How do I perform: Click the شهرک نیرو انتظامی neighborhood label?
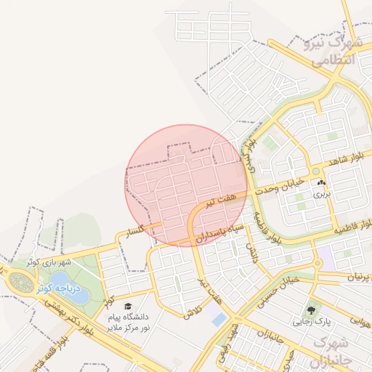pyautogui.click(x=336, y=51)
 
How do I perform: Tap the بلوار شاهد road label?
pyautogui.click(x=344, y=161)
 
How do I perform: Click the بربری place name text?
pyautogui.click(x=321, y=194)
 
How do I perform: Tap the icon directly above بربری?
pyautogui.click(x=321, y=182)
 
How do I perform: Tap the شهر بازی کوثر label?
pyautogui.click(x=49, y=261)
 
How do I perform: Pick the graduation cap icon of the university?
pyautogui.click(x=129, y=307)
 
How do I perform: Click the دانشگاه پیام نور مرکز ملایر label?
pyautogui.click(x=128, y=323)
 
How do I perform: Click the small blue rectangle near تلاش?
pyautogui.click(x=217, y=319)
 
